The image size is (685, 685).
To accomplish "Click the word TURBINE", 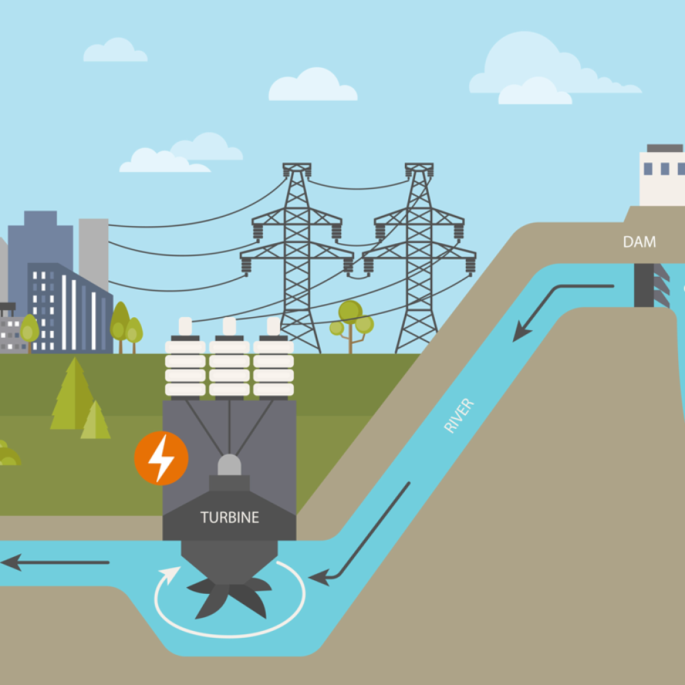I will [229, 517].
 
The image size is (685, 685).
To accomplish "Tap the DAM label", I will [639, 242].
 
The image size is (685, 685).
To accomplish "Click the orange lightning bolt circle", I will [161, 458].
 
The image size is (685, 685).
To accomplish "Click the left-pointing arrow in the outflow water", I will [55, 563].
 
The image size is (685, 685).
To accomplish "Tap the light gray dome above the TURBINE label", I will [229, 466].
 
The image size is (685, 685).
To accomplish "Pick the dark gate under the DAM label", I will [644, 284].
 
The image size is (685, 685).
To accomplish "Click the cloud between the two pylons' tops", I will [312, 86].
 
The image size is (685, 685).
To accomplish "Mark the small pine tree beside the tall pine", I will [95, 421].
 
